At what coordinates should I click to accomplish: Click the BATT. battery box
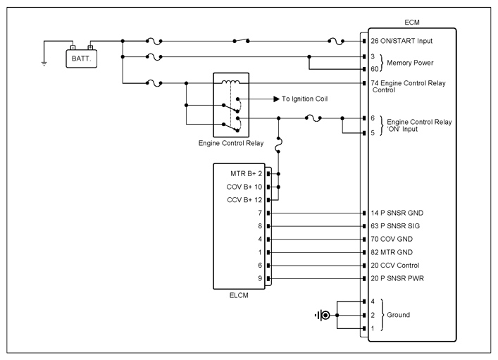(x=81, y=58)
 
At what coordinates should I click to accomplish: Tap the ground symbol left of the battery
(x=44, y=63)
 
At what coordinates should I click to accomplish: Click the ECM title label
(x=412, y=23)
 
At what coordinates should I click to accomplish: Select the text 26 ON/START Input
(x=401, y=41)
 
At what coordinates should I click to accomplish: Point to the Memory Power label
(x=410, y=63)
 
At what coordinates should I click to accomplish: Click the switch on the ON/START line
(x=241, y=40)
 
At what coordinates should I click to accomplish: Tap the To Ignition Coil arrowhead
(x=276, y=99)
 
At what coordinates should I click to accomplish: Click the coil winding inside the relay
(x=230, y=82)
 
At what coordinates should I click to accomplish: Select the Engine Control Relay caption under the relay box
(x=231, y=143)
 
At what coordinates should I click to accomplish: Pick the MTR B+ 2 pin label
(x=246, y=174)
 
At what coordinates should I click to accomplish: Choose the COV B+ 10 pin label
(x=244, y=187)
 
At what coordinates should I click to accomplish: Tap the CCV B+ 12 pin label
(x=244, y=200)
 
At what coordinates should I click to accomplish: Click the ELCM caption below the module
(x=239, y=295)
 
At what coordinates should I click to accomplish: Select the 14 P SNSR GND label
(x=397, y=213)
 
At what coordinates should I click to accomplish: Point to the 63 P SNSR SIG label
(x=395, y=226)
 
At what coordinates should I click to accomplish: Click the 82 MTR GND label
(x=392, y=252)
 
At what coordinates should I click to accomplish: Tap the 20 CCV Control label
(x=394, y=266)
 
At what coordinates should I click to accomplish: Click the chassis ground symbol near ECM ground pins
(x=323, y=315)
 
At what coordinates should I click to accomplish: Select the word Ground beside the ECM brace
(x=398, y=315)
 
